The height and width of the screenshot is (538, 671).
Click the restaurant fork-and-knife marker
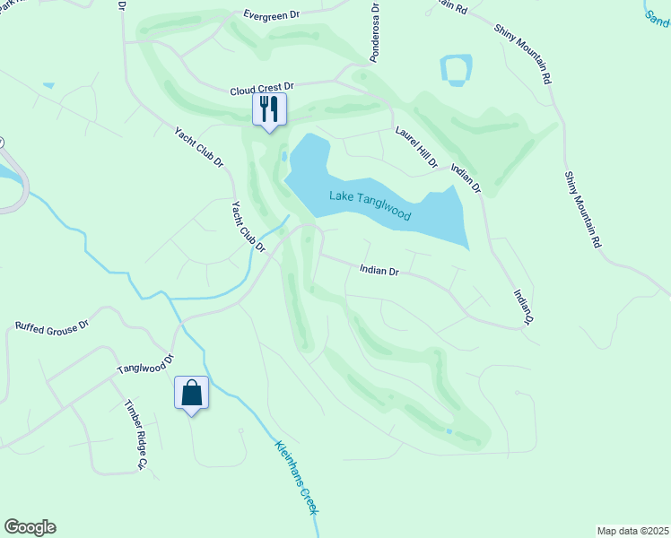click(269, 109)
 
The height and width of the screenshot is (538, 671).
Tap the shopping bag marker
click(192, 393)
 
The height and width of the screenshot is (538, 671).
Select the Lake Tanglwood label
click(370, 205)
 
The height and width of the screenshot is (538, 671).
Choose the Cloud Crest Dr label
click(263, 90)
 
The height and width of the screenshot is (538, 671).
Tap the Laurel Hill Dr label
click(417, 147)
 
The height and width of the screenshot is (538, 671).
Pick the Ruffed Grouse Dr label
click(53, 326)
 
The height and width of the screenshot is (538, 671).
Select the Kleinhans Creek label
click(297, 476)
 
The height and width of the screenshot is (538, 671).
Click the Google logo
click(30, 527)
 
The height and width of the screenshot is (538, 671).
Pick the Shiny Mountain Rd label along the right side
click(581, 209)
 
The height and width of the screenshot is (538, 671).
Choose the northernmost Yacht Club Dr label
click(200, 148)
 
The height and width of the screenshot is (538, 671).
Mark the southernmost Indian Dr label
click(524, 307)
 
